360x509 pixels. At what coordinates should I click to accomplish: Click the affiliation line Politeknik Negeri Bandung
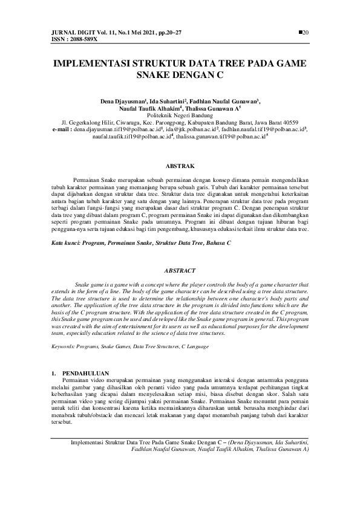[180, 114]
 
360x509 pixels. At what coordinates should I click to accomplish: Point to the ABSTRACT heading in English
[180, 270]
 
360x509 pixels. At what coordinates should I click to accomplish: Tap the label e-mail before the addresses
[62, 128]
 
